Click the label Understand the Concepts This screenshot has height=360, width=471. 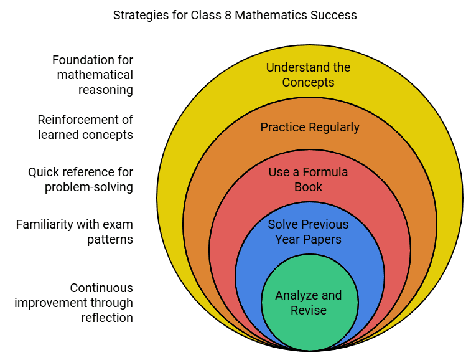[x=309, y=75]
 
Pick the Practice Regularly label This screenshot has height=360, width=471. [x=310, y=127]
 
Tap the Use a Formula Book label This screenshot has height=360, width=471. [x=309, y=179]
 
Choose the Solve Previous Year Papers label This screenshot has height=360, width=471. [x=309, y=232]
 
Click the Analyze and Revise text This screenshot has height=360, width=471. [x=309, y=302]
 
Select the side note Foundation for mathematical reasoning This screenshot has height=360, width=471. [x=93, y=75]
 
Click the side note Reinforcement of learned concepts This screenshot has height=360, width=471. [x=85, y=127]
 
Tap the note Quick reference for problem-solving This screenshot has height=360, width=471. [x=81, y=179]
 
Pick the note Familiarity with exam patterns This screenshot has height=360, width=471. [x=75, y=232]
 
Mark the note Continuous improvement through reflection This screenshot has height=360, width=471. [x=74, y=303]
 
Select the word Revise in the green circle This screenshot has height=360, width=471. [x=309, y=310]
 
